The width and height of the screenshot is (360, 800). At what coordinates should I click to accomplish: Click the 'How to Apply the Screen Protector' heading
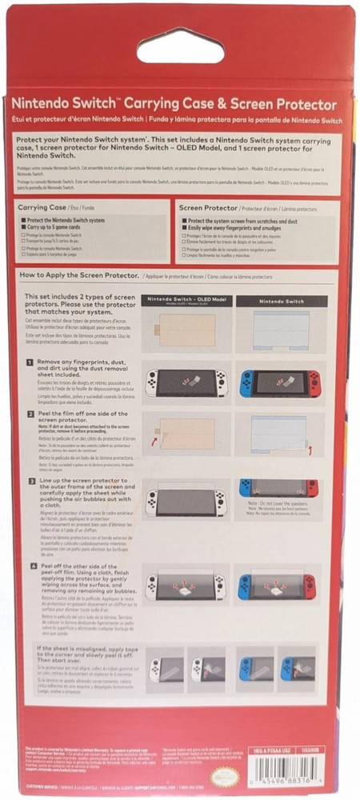pos(78,274)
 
